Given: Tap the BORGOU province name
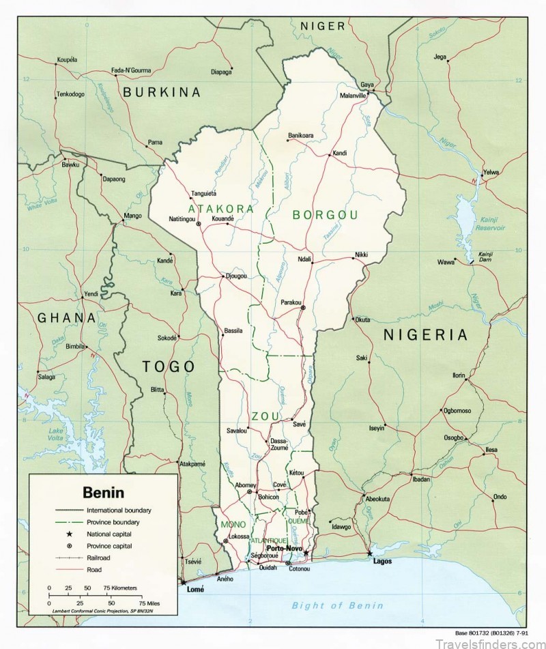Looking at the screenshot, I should [325, 215].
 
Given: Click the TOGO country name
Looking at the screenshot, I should [169, 366].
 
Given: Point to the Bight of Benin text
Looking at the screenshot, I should [337, 605].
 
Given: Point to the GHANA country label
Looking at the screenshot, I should [66, 317].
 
